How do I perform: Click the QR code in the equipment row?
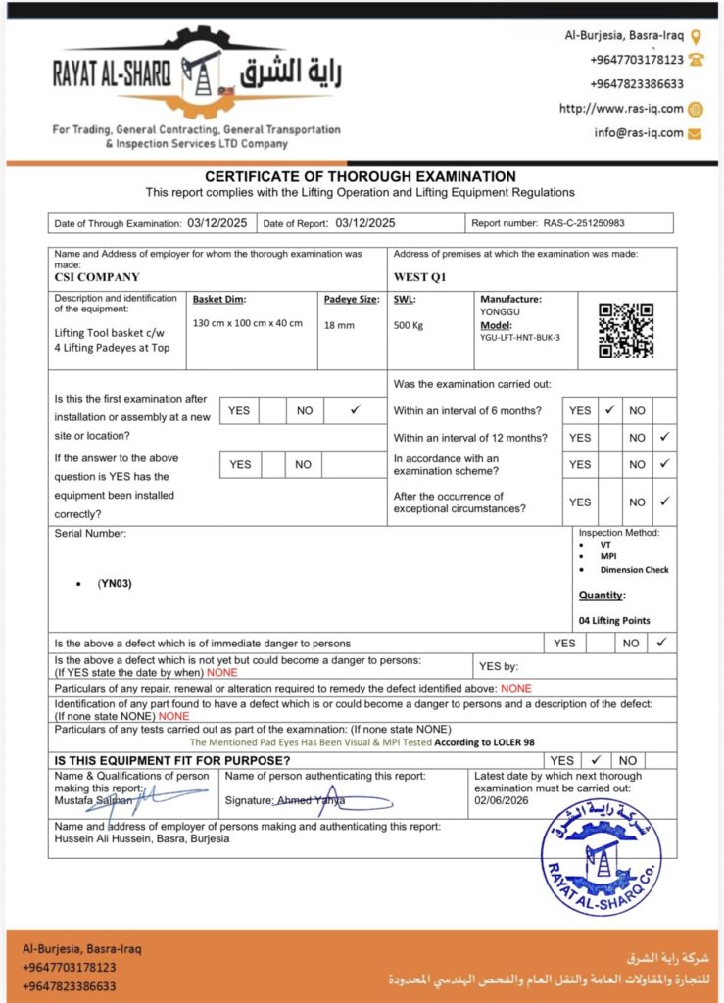tap(626, 330)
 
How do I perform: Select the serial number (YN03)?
tap(115, 583)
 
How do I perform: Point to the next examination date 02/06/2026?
tap(500, 800)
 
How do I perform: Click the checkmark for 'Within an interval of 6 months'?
tap(609, 410)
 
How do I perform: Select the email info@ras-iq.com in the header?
tap(638, 133)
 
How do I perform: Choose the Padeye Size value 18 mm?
tap(339, 325)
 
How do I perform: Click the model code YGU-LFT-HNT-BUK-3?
tap(519, 337)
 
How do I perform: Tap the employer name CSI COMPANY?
tap(97, 277)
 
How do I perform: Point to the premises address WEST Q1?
tap(419, 277)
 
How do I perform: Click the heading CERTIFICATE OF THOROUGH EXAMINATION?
tap(361, 177)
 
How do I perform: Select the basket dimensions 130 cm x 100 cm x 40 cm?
tap(248, 323)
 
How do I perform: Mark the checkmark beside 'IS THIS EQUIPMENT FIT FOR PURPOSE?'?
tap(594, 759)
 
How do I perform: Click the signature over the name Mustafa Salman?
tap(147, 798)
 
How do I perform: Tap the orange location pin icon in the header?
tap(696, 36)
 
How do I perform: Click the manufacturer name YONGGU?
tap(500, 312)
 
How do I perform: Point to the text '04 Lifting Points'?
tap(614, 620)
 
